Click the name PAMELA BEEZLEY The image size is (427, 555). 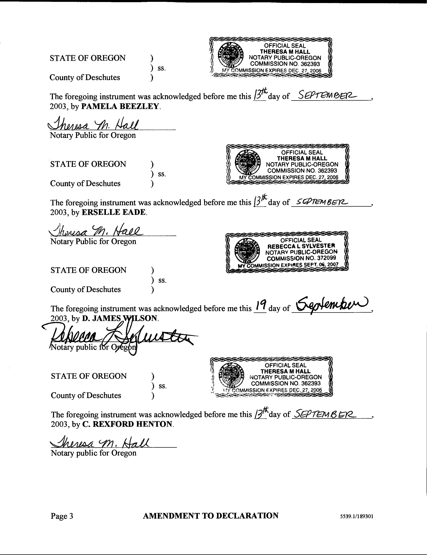coord(121,106)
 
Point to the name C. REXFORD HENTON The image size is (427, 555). coord(128,424)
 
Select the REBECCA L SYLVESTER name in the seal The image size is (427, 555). coord(301,246)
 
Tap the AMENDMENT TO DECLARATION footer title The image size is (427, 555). coord(211,516)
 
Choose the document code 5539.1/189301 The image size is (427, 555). coord(357,516)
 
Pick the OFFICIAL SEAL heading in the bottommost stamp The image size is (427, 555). coord(285,365)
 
